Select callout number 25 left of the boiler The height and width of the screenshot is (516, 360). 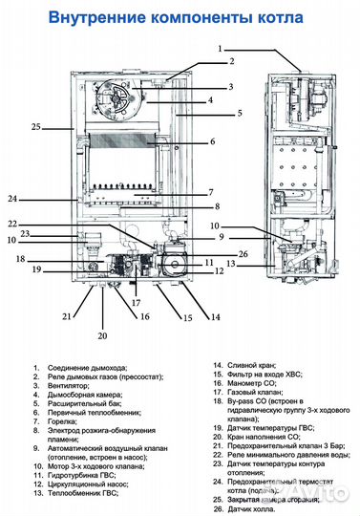click(x=36, y=127)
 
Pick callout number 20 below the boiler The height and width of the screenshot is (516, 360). click(x=103, y=335)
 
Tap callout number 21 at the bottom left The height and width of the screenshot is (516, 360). click(x=67, y=316)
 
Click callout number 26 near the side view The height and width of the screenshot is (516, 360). click(x=244, y=253)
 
